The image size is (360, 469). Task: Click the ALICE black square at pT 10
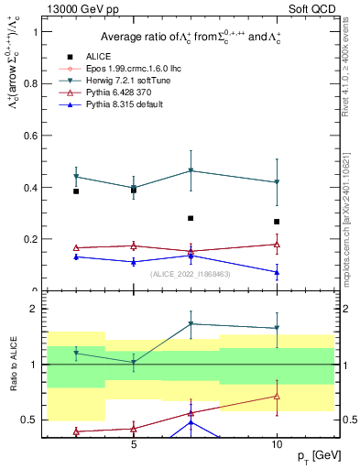point(277,222)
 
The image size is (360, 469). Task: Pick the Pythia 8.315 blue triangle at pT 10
point(277,272)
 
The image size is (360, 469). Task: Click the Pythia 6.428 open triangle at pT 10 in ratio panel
point(277,396)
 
